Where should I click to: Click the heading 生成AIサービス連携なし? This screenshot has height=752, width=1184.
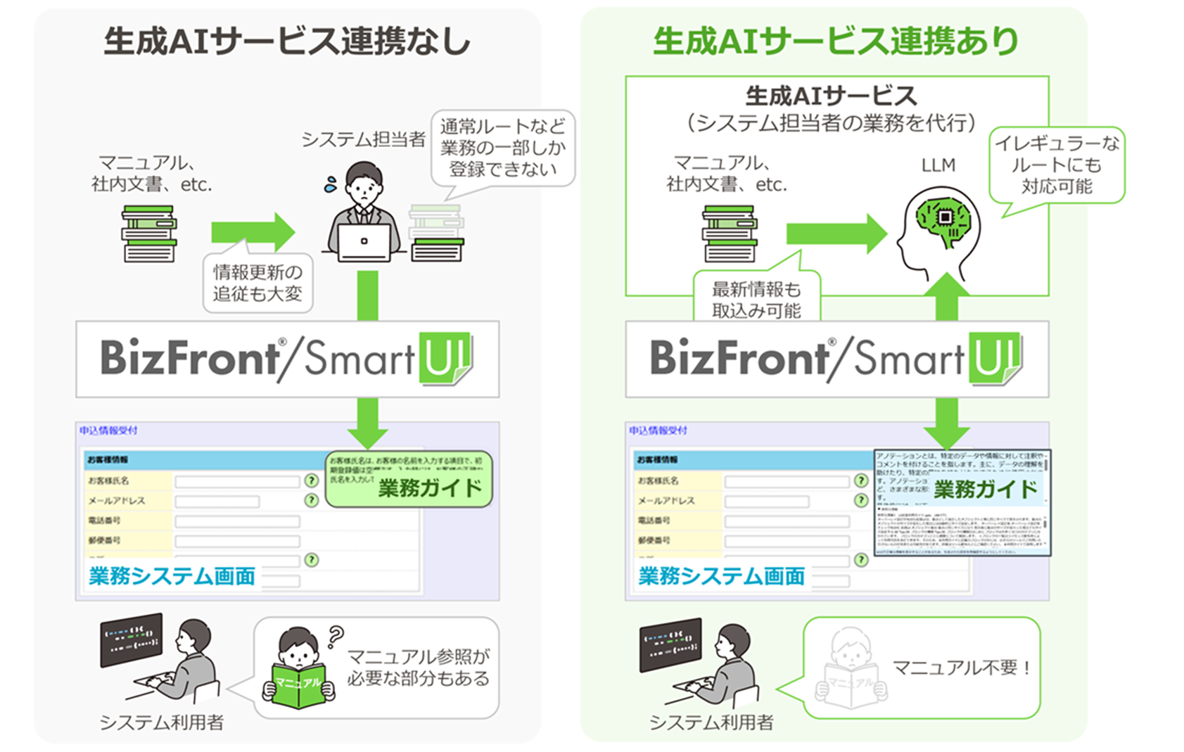(x=287, y=42)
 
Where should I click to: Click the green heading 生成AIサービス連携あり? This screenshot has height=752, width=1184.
(x=835, y=42)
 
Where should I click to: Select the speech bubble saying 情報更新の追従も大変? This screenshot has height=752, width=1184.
(x=257, y=283)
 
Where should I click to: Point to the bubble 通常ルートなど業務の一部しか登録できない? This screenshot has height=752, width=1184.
(x=502, y=148)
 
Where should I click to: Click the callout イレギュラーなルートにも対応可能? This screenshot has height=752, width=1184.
(x=1057, y=165)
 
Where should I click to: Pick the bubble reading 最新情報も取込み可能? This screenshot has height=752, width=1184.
(x=756, y=298)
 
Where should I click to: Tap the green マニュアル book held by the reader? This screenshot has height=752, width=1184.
(x=298, y=684)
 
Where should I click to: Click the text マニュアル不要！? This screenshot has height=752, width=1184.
(x=962, y=668)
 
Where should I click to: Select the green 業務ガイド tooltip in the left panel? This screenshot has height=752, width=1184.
(x=410, y=480)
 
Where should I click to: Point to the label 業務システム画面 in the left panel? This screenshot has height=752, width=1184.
(x=172, y=576)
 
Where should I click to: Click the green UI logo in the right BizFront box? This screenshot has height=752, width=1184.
(x=993, y=358)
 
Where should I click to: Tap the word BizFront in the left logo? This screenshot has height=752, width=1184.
(x=190, y=358)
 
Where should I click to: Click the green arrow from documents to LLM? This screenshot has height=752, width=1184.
(x=836, y=234)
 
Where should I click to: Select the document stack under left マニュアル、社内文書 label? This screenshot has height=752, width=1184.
(x=149, y=234)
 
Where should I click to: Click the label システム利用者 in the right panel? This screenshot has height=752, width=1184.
(x=711, y=722)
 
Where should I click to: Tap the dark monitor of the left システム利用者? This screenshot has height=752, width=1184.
(x=132, y=639)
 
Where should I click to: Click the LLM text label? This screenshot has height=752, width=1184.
(x=938, y=165)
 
